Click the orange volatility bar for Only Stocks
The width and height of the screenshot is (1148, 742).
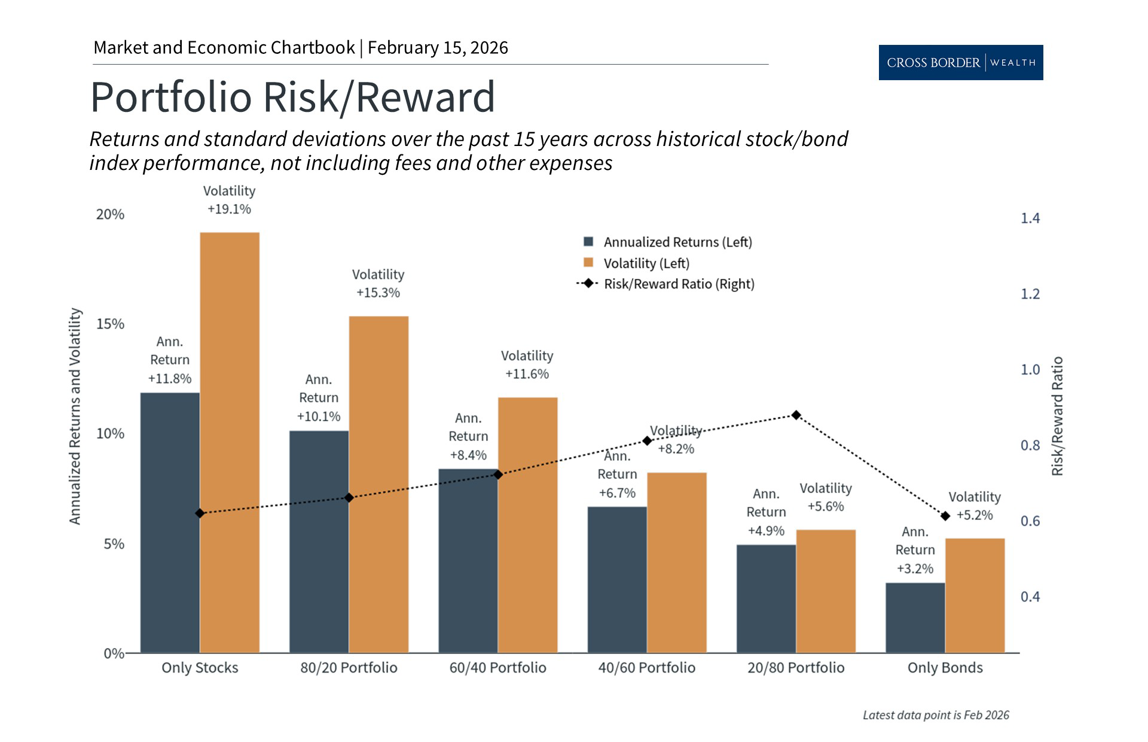pyautogui.click(x=230, y=443)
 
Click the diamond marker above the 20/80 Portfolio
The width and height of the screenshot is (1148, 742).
pyautogui.click(x=796, y=415)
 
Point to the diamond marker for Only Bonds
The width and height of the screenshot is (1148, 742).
pyautogui.click(x=945, y=516)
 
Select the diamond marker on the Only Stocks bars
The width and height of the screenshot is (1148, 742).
pyautogui.click(x=200, y=513)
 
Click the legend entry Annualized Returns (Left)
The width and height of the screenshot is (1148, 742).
pyautogui.click(x=677, y=242)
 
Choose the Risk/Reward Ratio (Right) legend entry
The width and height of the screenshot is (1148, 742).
pyautogui.click(x=679, y=284)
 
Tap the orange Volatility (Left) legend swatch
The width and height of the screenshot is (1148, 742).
pyautogui.click(x=588, y=263)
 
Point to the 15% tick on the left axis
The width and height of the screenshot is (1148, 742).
pyautogui.click(x=110, y=324)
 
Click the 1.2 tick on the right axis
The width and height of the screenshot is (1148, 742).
pyautogui.click(x=1030, y=294)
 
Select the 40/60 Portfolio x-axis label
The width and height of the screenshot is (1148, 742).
pyautogui.click(x=646, y=668)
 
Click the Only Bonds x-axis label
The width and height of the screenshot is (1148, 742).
pyautogui.click(x=945, y=668)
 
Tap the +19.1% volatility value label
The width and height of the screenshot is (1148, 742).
pyautogui.click(x=229, y=209)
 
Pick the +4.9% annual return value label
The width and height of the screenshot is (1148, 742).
pyautogui.click(x=766, y=531)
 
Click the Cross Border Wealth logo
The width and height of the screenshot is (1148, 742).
pyautogui.click(x=960, y=62)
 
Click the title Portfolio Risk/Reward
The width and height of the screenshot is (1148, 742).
pyautogui.click(x=292, y=97)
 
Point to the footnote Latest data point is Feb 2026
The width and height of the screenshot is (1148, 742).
pyautogui.click(x=935, y=715)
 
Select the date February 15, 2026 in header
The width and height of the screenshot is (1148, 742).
pyautogui.click(x=438, y=48)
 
